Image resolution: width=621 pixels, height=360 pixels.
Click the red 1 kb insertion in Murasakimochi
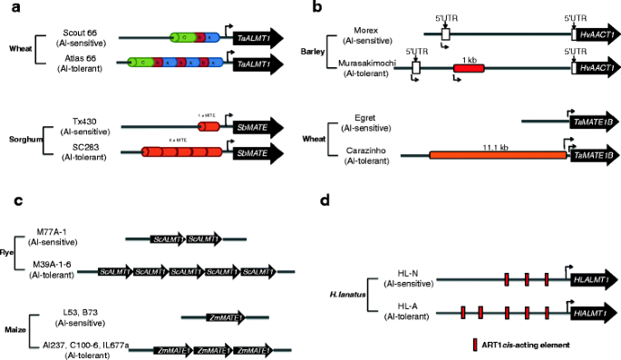click(x=469, y=67)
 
